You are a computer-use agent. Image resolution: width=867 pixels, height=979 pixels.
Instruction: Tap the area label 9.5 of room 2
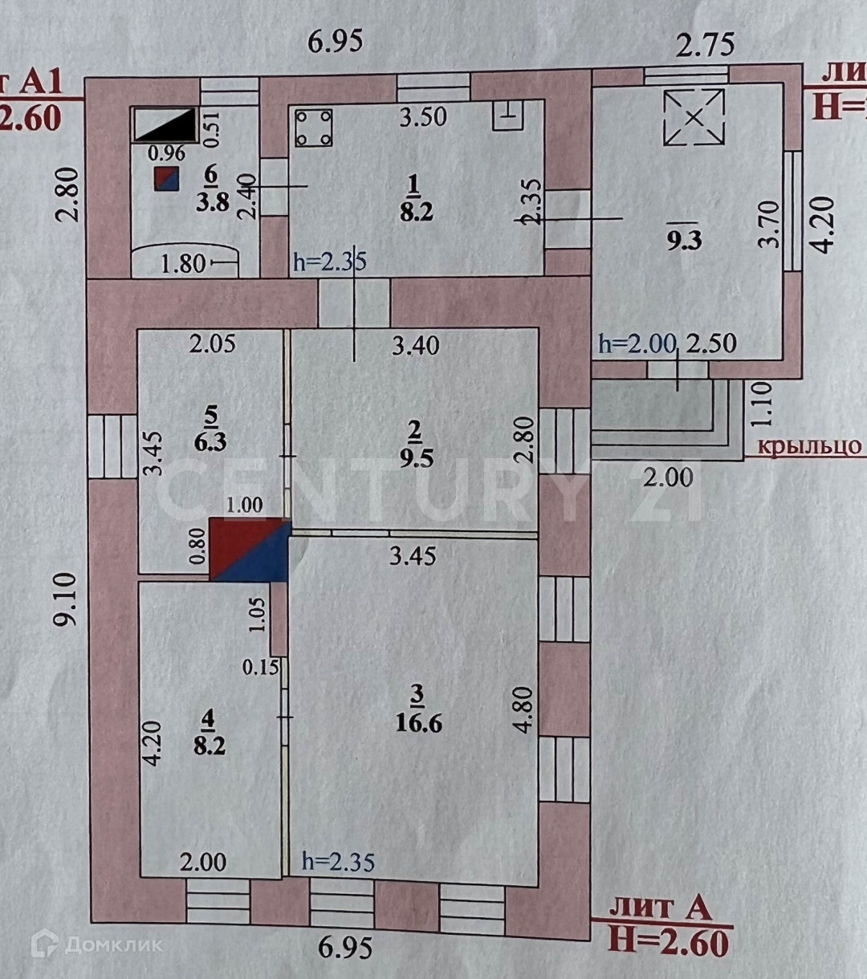(414, 458)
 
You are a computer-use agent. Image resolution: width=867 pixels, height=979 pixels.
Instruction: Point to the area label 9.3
(684, 240)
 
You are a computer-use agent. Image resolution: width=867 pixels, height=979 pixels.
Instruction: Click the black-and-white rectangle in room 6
(165, 124)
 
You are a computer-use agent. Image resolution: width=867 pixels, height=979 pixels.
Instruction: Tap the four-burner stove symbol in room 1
(314, 128)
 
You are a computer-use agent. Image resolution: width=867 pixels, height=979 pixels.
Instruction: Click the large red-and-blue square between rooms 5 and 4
(249, 549)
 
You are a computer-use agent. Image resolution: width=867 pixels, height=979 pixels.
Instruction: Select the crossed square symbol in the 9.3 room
(694, 117)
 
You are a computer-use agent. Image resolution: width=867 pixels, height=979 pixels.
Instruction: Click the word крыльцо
(809, 447)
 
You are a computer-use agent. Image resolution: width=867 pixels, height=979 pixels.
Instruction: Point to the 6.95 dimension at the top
(336, 42)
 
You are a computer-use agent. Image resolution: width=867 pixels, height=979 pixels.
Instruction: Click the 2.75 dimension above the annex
(705, 45)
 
